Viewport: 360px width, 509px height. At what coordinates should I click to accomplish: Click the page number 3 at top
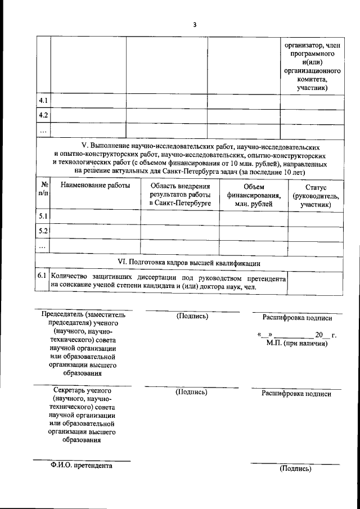[194, 25]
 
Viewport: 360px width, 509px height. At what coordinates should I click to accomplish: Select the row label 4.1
[43, 101]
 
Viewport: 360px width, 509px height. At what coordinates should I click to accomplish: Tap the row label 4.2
[43, 115]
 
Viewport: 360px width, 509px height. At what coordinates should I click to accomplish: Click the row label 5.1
[43, 216]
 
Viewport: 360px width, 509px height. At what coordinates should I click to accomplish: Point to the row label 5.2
[43, 231]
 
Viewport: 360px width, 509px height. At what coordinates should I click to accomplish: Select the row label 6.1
[42, 276]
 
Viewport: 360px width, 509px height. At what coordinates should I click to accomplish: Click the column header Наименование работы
[95, 185]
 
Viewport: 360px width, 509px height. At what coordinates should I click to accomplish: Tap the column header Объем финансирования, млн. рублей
[254, 194]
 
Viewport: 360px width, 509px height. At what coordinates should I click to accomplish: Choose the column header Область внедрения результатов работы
[180, 194]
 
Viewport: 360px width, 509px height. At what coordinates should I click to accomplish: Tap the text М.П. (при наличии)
[296, 344]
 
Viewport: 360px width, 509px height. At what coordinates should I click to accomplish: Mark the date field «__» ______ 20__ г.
[296, 335]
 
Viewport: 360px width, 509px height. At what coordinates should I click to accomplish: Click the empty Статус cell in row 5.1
[315, 216]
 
